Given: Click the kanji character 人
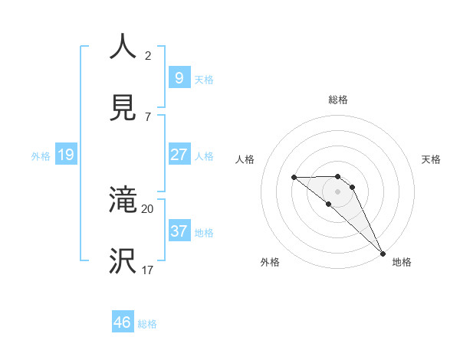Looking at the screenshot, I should pos(123,47).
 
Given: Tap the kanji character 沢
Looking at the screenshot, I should pos(123,261).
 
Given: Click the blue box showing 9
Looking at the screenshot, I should pos(179,77).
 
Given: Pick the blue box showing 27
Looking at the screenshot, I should pos(179,155).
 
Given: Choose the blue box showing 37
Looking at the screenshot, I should pos(179,231).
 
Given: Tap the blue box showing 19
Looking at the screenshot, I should pos(65,155).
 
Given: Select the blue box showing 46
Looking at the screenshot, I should pos(122,322).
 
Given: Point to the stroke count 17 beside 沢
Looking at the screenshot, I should pos(147,270).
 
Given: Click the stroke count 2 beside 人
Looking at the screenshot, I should pos(147,55).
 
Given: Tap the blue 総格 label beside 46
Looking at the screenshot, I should pos(147,324).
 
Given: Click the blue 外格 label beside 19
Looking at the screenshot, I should pos(41,155).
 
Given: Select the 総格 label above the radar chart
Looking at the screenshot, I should pos(337,100).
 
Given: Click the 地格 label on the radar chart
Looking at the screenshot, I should pos(402,262).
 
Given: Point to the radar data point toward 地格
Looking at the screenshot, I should pos(382,253).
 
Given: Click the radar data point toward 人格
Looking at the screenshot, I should pos(294,178).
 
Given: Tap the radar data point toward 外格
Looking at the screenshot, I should pos(329,204).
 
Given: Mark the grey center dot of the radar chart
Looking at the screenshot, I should pos(337,191).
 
